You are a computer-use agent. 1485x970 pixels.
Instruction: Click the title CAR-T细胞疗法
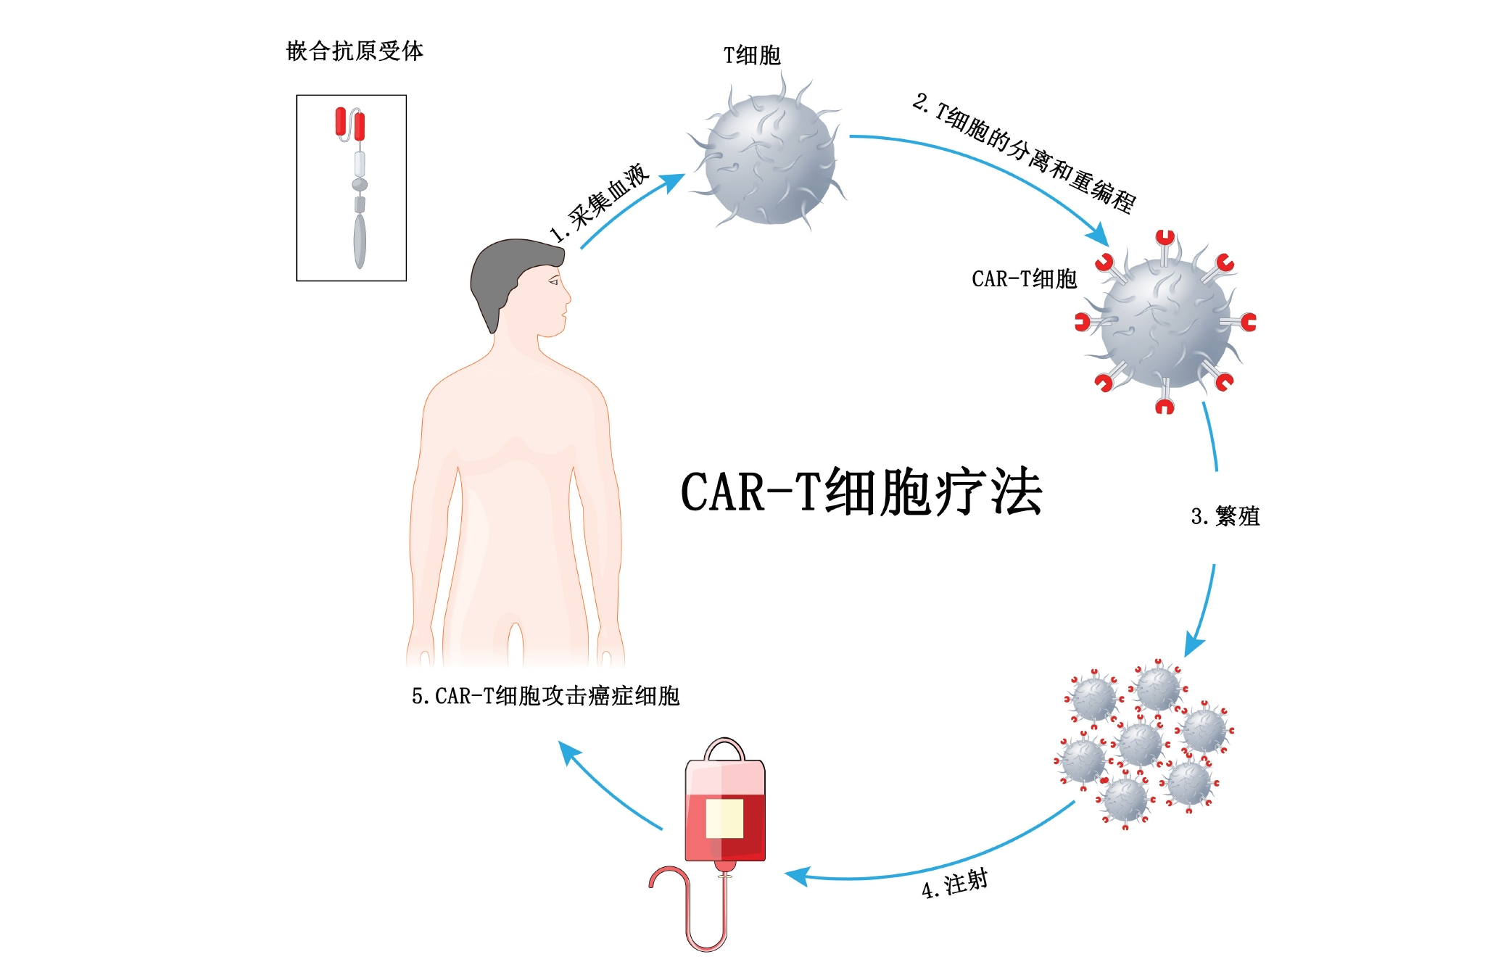tap(861, 492)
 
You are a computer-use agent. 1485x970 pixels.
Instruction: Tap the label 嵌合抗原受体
tap(355, 51)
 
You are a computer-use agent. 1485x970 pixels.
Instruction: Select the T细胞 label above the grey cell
tap(752, 55)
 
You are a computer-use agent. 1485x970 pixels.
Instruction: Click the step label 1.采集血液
tap(599, 203)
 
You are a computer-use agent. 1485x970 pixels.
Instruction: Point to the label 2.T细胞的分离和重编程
tap(1024, 152)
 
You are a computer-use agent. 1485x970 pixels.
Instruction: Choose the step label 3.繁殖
tap(1225, 516)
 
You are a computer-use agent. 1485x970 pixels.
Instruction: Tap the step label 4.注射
tap(954, 884)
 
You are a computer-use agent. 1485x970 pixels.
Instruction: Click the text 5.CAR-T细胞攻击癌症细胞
tap(545, 696)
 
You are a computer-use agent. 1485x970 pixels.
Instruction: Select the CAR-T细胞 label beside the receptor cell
tap(1024, 279)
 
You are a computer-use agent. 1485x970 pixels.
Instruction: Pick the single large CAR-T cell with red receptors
tap(1165, 323)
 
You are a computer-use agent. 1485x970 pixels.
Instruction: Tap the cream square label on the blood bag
tap(724, 818)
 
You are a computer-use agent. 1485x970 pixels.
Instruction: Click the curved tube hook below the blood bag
tap(682, 906)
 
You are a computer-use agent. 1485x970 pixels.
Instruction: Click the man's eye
tap(555, 281)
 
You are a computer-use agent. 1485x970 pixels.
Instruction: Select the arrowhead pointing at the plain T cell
tap(674, 181)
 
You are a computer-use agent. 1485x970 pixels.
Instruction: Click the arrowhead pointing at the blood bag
tap(796, 876)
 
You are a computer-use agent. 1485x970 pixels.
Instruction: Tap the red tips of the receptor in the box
tap(349, 123)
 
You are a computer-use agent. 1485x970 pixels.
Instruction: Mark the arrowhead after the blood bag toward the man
tap(568, 751)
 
